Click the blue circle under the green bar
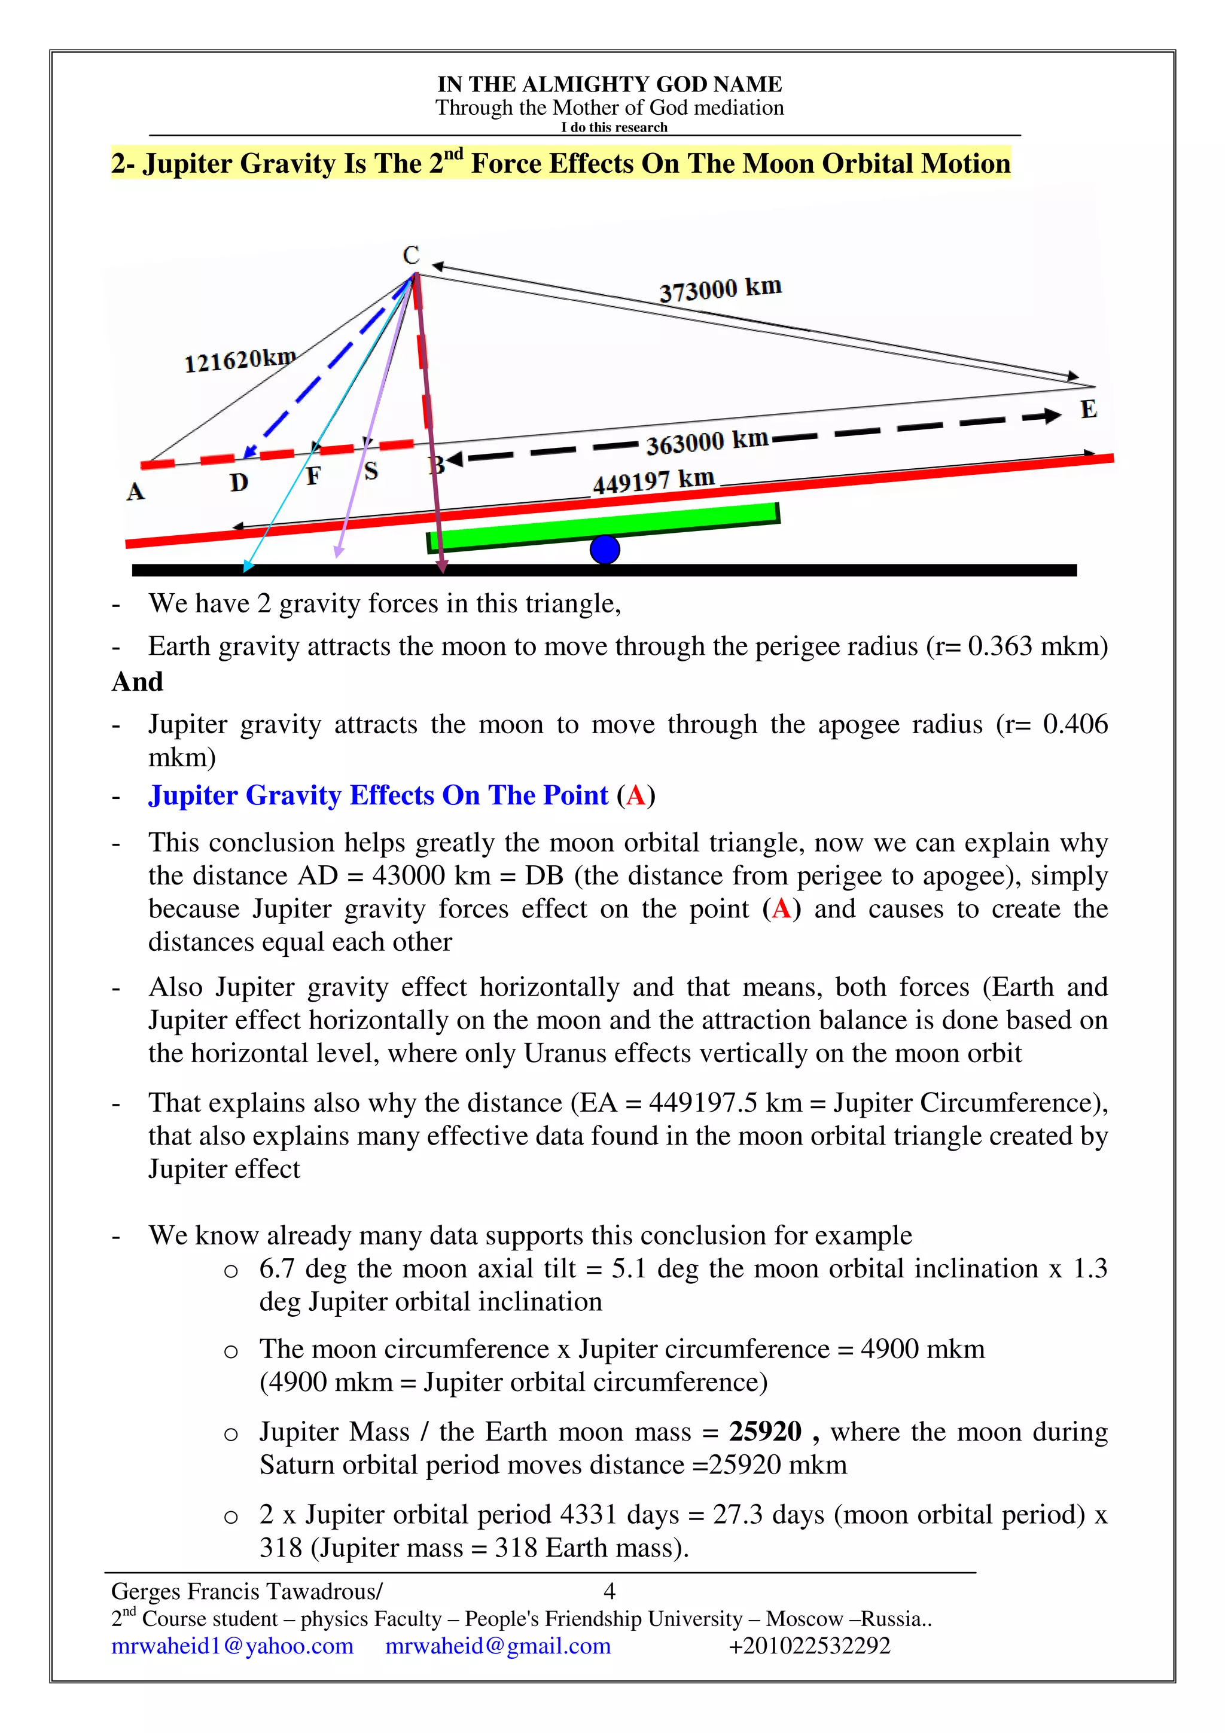coord(605,550)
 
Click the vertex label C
coord(410,255)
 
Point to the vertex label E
coord(1087,410)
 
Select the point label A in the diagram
coord(135,492)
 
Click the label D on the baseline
coord(239,483)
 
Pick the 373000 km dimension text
coord(720,289)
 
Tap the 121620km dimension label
coord(240,360)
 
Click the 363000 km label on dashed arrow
coord(706,441)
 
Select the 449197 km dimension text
coord(653,481)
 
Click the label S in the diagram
coord(371,472)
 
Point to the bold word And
coord(138,682)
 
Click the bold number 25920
coord(764,1432)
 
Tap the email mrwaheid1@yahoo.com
coord(233,1646)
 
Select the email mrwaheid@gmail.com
coord(498,1646)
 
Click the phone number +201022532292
coord(809,1646)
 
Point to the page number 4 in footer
coord(610,1591)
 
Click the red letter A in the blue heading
coord(635,795)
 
